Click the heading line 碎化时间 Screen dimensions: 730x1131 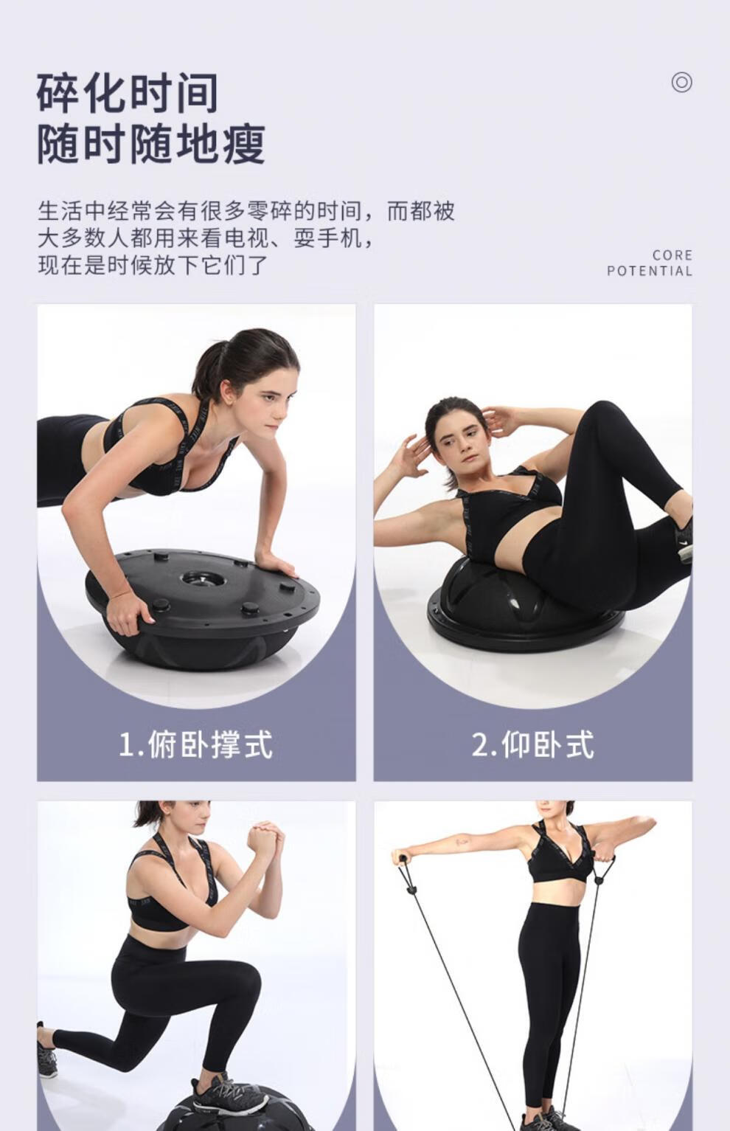click(127, 92)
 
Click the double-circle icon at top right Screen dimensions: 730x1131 click(681, 82)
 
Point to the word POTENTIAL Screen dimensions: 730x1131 click(650, 271)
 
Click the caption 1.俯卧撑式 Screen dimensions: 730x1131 click(195, 744)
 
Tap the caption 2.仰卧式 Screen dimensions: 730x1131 click(532, 744)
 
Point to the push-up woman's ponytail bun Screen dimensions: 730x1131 click(215, 361)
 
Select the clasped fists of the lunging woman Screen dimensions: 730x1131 click(265, 838)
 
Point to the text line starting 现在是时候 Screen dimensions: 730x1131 click(153, 265)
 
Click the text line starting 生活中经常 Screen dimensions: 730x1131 click(246, 211)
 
